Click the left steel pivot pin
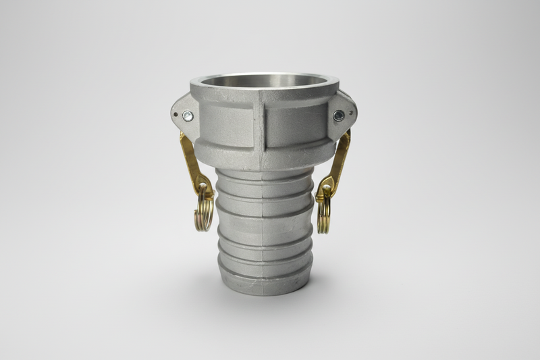tap(188, 116)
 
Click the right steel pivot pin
tap(338, 115)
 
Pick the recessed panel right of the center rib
tap(294, 127)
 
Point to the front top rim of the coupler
tap(263, 95)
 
